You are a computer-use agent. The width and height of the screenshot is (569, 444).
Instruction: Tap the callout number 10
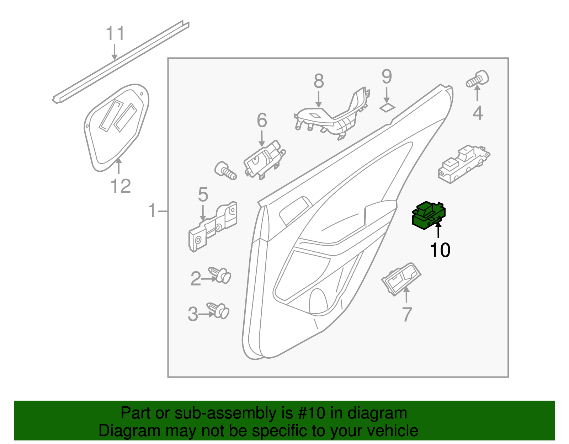(440, 250)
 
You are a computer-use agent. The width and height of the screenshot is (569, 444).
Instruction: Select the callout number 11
(115, 34)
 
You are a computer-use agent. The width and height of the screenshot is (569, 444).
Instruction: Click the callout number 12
(121, 186)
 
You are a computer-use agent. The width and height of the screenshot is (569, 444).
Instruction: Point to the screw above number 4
(478, 79)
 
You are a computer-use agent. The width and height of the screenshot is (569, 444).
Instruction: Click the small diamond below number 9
(387, 107)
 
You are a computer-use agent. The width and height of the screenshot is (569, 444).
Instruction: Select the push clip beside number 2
(220, 275)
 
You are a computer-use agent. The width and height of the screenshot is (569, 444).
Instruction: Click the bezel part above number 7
(401, 279)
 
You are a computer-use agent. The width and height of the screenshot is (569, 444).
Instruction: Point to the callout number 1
(152, 211)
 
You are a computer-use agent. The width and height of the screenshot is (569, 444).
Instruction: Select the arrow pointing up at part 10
(438, 230)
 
